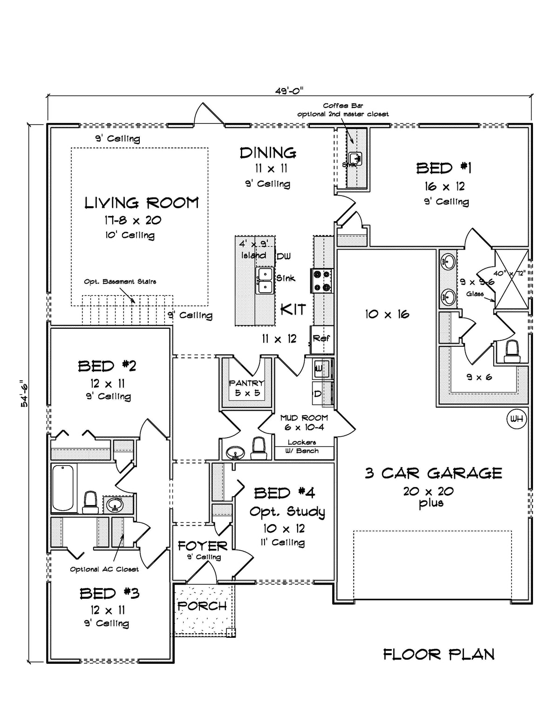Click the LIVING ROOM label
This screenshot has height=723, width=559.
click(142, 203)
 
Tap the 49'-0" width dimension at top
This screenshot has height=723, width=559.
click(289, 91)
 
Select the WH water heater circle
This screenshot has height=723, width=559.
click(516, 419)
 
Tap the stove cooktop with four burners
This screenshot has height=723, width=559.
click(322, 281)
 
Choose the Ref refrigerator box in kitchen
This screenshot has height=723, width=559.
click(321, 338)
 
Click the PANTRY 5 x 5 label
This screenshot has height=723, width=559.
click(246, 388)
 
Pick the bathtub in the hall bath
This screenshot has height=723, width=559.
click(63, 488)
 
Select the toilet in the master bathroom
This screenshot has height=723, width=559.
click(512, 351)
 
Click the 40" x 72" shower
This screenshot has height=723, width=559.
click(511, 279)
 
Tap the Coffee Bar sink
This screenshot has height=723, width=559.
click(355, 158)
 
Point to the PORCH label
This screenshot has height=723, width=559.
click(202, 606)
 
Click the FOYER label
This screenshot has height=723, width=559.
click(202, 546)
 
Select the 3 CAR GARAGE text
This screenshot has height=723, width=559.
click(433, 473)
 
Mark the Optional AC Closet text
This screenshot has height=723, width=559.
click(104, 569)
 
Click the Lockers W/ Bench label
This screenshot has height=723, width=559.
click(303, 446)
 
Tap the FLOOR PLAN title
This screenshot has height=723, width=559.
click(438, 654)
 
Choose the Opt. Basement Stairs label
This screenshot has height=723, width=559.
click(120, 282)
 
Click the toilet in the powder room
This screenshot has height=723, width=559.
click(258, 447)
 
